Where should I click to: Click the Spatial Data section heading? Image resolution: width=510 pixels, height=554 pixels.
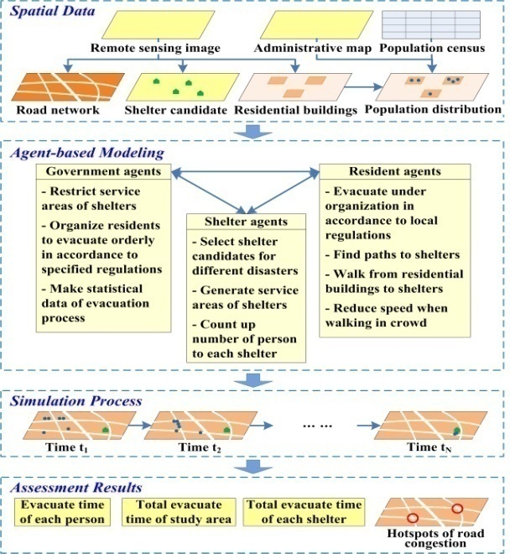pyautogui.click(x=52, y=11)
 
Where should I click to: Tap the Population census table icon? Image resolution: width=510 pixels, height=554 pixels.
pyautogui.click(x=431, y=24)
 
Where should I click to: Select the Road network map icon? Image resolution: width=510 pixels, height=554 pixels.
pyautogui.click(x=68, y=87)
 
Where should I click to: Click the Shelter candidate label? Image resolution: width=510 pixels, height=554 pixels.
pyautogui.click(x=175, y=110)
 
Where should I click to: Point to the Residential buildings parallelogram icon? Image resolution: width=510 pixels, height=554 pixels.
pyautogui.click(x=295, y=87)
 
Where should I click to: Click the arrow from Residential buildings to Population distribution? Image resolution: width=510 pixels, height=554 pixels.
pyautogui.click(x=363, y=87)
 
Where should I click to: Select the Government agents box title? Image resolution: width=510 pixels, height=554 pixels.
pyautogui.click(x=103, y=171)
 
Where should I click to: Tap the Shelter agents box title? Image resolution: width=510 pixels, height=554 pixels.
pyautogui.click(x=246, y=222)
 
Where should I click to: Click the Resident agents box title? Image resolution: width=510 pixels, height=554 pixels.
pyautogui.click(x=395, y=171)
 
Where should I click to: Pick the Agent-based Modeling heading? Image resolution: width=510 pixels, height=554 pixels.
pyautogui.click(x=87, y=153)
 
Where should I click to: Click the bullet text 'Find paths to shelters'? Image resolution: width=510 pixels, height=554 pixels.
pyautogui.click(x=393, y=254)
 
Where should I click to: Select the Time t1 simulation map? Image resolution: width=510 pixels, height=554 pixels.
pyautogui.click(x=80, y=426)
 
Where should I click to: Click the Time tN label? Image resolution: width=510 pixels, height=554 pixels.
pyautogui.click(x=429, y=447)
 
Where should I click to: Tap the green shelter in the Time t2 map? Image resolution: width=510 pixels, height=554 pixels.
pyautogui.click(x=227, y=430)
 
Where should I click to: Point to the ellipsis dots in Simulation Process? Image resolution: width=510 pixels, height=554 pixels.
pyautogui.click(x=318, y=426)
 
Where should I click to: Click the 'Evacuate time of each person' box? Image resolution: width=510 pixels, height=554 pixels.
pyautogui.click(x=63, y=512)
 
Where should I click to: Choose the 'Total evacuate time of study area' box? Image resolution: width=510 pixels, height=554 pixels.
pyautogui.click(x=179, y=512)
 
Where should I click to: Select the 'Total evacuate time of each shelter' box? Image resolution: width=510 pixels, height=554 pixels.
pyautogui.click(x=304, y=512)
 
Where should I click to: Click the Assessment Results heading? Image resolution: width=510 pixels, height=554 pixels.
pyautogui.click(x=76, y=488)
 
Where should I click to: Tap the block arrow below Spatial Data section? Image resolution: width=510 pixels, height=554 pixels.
pyautogui.click(x=253, y=132)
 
